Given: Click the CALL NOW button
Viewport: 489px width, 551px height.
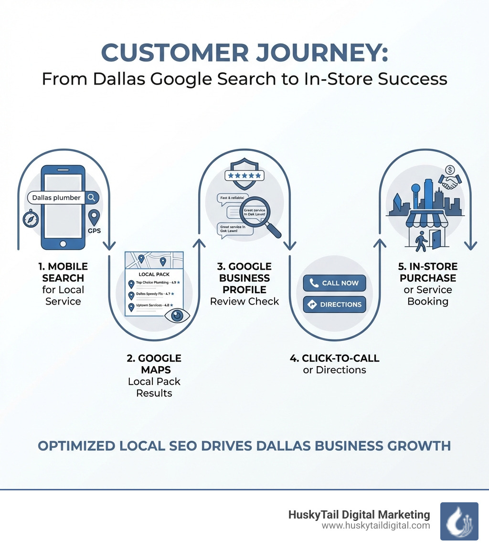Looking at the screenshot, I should point(334,283).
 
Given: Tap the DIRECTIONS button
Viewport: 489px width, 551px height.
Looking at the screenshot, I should point(334,304).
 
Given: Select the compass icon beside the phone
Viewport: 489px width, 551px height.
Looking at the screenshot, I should point(30,219).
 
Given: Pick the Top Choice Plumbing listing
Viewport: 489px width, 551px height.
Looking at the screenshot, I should point(152,283).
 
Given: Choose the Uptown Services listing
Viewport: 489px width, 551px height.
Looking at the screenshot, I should point(152,306).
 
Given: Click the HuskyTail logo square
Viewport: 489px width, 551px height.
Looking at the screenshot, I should point(459,521).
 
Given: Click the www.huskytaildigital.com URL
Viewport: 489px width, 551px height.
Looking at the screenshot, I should point(375,526).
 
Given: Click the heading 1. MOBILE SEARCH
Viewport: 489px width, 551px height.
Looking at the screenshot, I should point(63,272).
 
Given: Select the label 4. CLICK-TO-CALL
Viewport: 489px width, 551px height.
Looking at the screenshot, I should point(334,358).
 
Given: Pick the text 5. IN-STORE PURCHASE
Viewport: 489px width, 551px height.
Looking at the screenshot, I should point(428,272).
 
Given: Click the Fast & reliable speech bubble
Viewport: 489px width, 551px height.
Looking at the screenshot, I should point(233,198).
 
